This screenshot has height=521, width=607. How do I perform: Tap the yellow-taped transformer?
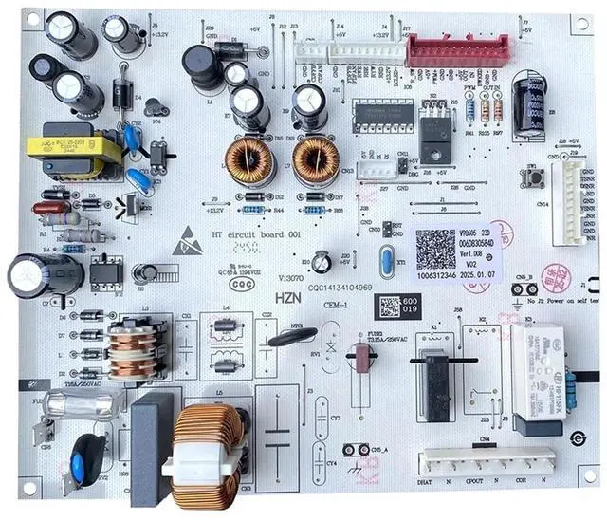click(72, 149)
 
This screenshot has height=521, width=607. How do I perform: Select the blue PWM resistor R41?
click(469, 113)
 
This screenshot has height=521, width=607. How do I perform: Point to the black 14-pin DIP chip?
click(383, 119)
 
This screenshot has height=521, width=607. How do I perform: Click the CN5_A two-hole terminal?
click(357, 460)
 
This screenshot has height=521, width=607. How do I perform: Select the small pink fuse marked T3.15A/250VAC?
click(360, 360)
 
